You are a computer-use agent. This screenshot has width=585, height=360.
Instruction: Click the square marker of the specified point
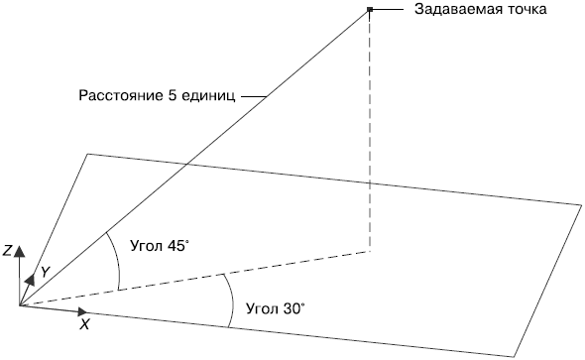tap(370, 9)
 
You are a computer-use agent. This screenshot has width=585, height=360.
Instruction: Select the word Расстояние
tap(122, 95)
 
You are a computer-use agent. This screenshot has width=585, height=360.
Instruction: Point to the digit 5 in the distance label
tap(172, 95)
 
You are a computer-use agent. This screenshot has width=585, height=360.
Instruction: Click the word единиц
tap(208, 96)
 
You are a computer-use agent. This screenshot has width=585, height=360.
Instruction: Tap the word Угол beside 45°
tap(147, 246)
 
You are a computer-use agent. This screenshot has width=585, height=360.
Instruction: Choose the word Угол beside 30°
tap(262, 308)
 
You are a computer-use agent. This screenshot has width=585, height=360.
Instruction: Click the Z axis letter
tap(7, 251)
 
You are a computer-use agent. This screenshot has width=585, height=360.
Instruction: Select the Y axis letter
tap(45, 273)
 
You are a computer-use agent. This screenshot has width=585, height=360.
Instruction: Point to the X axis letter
tap(85, 325)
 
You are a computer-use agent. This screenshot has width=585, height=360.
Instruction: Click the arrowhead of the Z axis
tap(19, 252)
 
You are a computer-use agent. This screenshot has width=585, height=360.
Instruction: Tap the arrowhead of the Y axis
tap(30, 280)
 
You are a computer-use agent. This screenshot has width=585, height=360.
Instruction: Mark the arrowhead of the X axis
tap(82, 311)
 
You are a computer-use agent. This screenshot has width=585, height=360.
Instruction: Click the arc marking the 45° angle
tap(118, 259)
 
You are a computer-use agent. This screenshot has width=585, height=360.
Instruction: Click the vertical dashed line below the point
tap(370, 132)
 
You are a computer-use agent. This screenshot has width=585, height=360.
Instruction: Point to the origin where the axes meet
tap(20, 305)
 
